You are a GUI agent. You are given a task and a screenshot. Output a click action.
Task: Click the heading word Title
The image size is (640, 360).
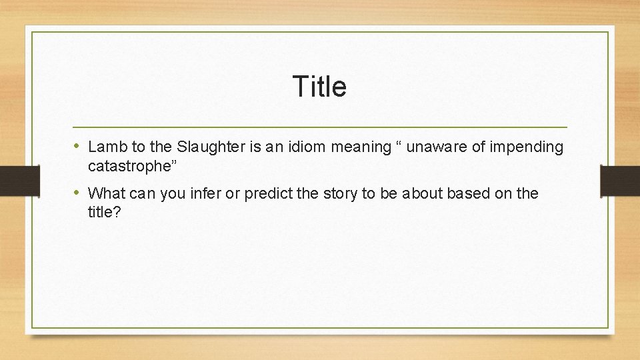tap(319, 87)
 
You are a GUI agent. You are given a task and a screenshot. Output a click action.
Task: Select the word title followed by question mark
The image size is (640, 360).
tap(102, 213)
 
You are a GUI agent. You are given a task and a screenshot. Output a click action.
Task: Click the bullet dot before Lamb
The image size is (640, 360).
tap(78, 146)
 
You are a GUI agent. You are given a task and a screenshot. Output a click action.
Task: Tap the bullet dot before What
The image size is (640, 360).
tap(78, 193)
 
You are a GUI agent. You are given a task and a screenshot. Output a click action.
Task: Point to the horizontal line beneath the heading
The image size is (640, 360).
tap(319, 127)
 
